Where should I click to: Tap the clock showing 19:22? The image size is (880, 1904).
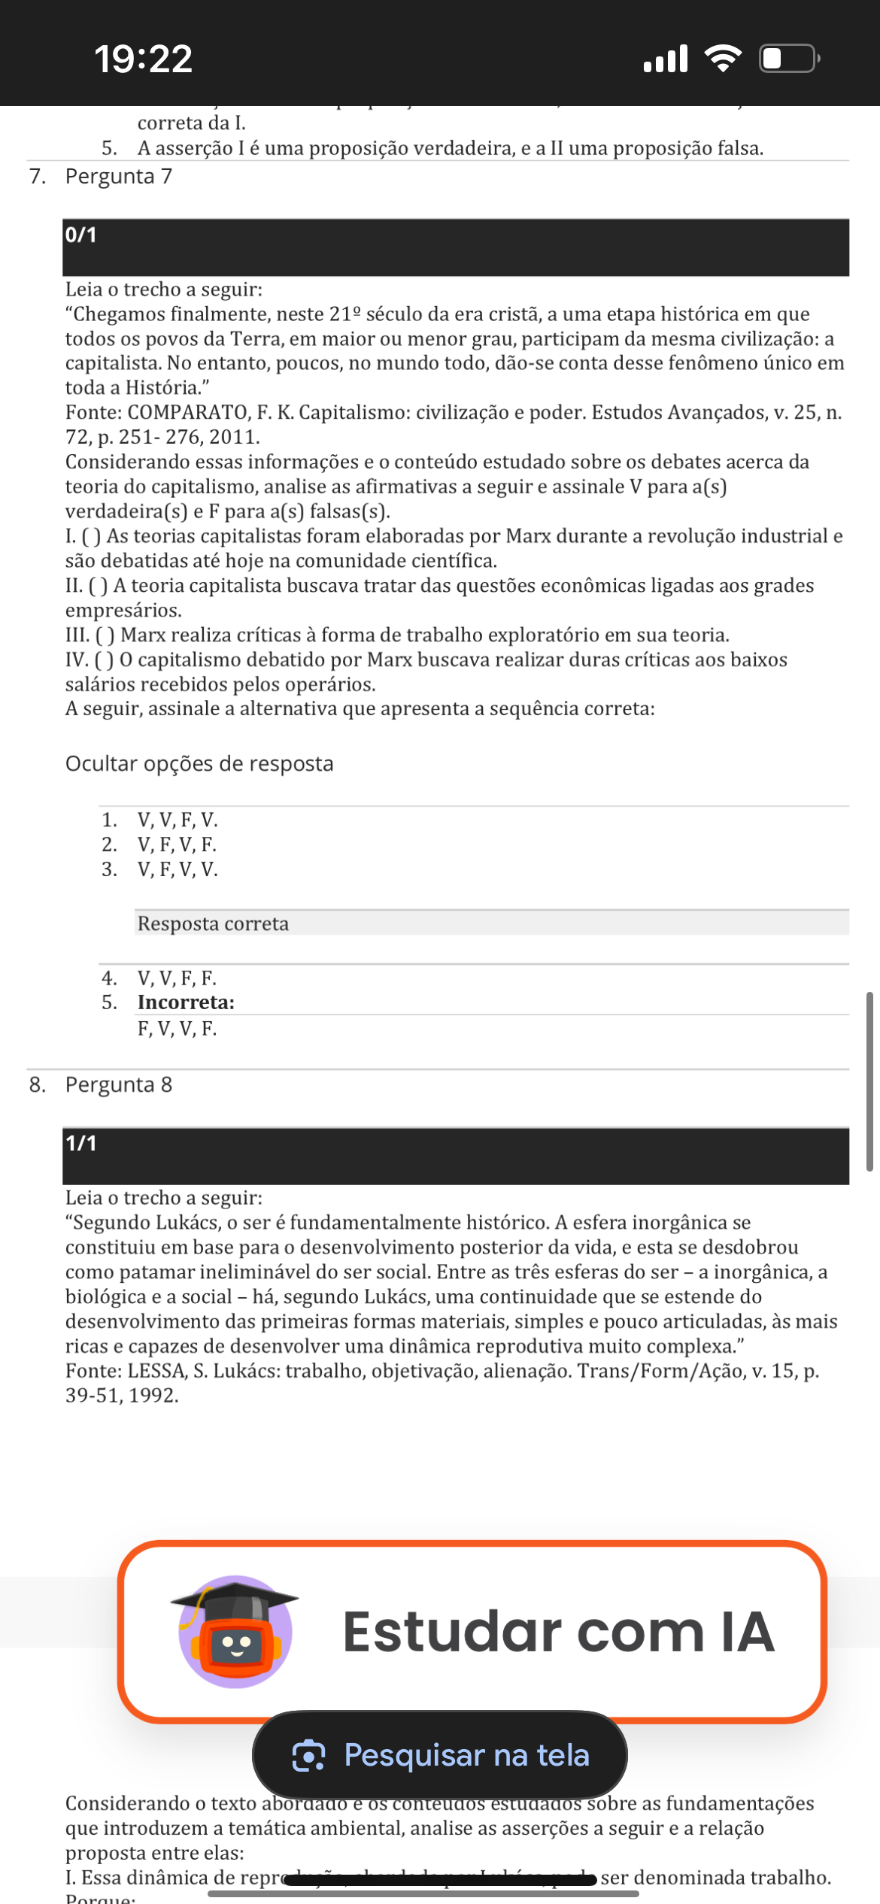(x=143, y=59)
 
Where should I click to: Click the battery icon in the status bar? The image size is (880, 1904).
(x=788, y=59)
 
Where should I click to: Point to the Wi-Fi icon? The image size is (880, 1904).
(x=723, y=59)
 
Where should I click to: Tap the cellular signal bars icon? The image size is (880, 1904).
(x=666, y=59)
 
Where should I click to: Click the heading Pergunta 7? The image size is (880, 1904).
(x=118, y=176)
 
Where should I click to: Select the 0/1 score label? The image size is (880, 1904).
(x=80, y=235)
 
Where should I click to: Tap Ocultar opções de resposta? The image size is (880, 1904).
(x=199, y=763)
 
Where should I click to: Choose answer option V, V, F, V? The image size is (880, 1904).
(x=178, y=820)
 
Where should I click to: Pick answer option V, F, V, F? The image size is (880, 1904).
(x=177, y=844)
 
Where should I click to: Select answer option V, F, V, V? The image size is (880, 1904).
(x=178, y=869)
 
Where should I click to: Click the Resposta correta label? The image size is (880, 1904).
(x=213, y=923)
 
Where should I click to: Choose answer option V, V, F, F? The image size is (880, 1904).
(x=177, y=978)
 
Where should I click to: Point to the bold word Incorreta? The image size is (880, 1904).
(x=186, y=1002)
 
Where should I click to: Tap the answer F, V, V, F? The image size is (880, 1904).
(x=177, y=1028)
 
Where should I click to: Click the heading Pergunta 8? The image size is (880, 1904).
(x=118, y=1084)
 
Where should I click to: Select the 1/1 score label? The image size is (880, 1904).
(x=80, y=1143)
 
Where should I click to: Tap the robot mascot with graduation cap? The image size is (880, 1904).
(x=235, y=1631)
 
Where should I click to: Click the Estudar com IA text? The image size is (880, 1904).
(x=558, y=1632)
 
